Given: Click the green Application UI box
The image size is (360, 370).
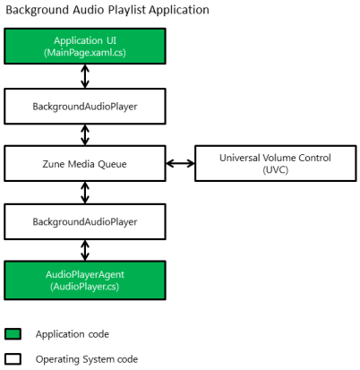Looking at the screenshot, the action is point(85,46).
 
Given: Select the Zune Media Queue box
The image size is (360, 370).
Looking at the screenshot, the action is point(85,163).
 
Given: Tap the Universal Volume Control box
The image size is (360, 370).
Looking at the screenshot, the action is point(276,163).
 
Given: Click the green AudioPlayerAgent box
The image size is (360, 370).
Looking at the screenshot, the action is point(85,280).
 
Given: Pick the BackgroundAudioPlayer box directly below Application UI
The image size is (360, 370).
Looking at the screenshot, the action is point(85,107).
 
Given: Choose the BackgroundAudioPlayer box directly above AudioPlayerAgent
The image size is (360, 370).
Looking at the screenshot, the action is point(85,221).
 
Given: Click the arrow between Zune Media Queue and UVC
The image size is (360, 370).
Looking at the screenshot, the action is point(180,163).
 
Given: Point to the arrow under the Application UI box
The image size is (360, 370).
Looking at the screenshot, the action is point(85,76).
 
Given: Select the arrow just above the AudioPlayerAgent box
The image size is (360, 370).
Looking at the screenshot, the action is point(85,250).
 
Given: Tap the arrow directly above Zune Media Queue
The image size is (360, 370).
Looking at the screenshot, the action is point(85,135).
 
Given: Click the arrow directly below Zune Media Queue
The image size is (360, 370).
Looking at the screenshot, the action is point(85,193).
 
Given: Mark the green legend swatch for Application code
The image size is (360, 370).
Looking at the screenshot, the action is point(13,334).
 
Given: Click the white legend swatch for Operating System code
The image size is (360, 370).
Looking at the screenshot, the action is point(13,359).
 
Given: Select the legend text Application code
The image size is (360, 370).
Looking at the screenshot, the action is point(73,334).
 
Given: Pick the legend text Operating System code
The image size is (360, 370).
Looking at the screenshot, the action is point(87,359).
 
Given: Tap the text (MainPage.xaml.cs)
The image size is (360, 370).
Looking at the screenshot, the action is point(85,53).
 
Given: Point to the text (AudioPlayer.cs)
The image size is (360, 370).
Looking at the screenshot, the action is point(85,287).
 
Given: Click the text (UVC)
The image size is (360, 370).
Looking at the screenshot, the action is point(276,170).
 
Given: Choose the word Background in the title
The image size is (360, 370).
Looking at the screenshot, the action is point(38,10).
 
